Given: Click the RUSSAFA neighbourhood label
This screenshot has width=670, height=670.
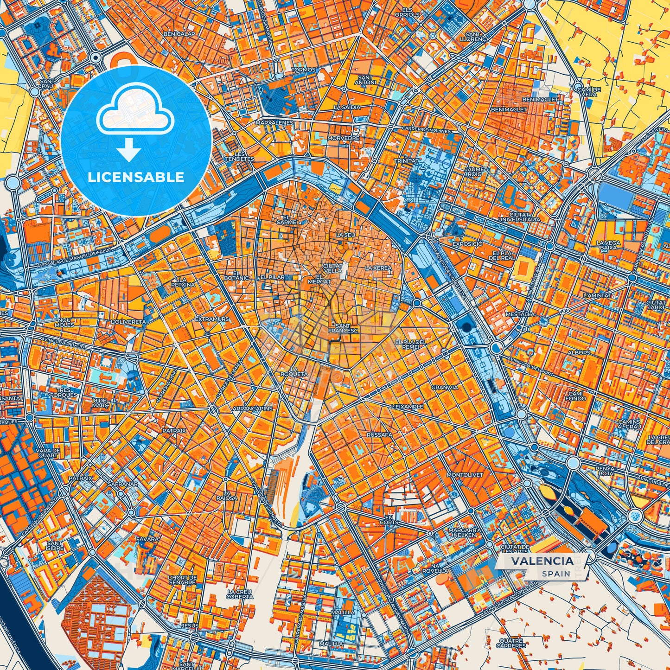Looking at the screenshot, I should pyautogui.click(x=379, y=435).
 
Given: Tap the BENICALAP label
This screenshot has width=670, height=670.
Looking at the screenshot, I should pyautogui.click(x=177, y=34).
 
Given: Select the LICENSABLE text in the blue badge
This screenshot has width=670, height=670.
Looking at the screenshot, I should pyautogui.click(x=136, y=177).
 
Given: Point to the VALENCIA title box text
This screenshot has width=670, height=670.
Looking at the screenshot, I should pyautogui.click(x=542, y=561).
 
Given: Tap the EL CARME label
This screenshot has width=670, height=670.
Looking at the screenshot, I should pyautogui.click(x=286, y=220).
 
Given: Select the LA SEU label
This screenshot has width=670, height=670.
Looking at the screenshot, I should pyautogui.click(x=345, y=235).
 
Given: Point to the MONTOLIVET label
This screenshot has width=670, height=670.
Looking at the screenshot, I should pyautogui.click(x=465, y=475).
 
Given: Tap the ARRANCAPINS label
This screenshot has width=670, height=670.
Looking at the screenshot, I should pyautogui.click(x=252, y=408).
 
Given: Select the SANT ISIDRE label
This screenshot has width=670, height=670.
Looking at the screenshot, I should pyautogui.click(x=55, y=546).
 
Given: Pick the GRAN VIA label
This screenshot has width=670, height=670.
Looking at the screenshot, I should pyautogui.click(x=444, y=387).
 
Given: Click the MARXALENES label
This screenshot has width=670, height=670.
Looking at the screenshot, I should pyautogui.click(x=274, y=123).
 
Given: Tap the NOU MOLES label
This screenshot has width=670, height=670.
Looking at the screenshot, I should pyautogui.click(x=64, y=322).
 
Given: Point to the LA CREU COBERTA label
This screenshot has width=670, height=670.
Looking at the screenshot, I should pyautogui.click(x=240, y=594).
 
